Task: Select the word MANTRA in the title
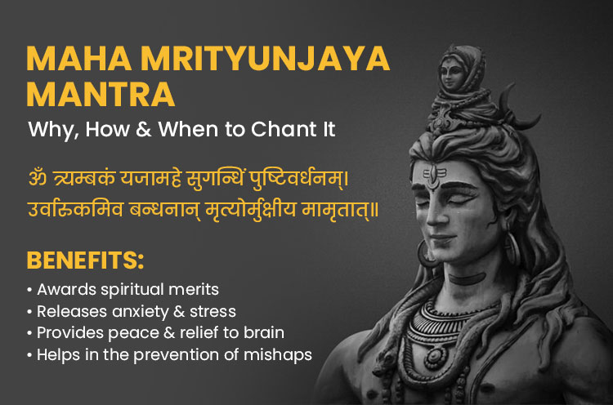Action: point(101,96)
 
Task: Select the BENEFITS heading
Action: point(85,261)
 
